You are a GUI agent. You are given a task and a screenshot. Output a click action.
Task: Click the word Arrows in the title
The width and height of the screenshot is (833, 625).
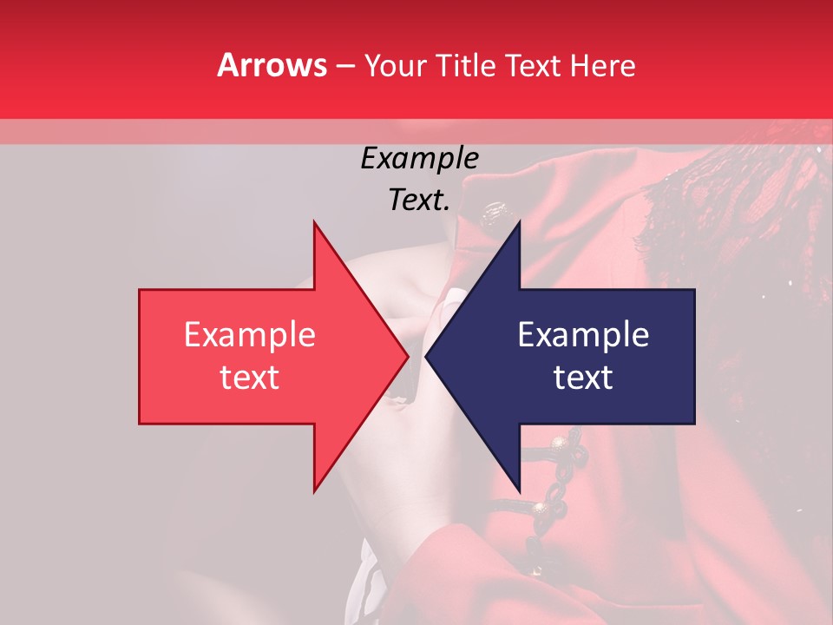272,65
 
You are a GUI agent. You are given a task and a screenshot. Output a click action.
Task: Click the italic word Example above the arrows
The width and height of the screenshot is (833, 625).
419,158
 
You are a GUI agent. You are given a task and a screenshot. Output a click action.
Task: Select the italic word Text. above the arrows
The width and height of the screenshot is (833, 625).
419,200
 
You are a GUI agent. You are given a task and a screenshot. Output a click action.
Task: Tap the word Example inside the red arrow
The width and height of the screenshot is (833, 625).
249,335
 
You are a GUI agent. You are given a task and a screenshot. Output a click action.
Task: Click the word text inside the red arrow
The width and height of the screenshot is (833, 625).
249,378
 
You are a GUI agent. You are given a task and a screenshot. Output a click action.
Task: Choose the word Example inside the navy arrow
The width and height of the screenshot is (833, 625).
583,335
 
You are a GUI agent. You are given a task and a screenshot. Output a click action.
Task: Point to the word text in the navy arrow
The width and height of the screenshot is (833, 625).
583,378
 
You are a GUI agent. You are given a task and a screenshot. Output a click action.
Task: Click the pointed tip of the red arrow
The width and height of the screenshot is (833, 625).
407,356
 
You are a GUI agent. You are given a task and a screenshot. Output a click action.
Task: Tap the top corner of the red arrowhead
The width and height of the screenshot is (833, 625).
314,222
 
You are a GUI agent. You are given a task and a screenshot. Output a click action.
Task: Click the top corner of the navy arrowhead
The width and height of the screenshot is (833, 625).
519,222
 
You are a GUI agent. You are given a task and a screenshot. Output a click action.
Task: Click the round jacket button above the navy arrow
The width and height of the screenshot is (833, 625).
496,210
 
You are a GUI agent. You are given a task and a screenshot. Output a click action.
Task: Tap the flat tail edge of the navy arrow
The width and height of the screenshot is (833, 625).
694,356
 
